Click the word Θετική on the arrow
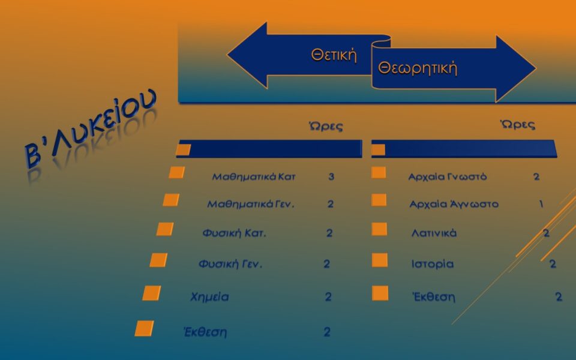334,55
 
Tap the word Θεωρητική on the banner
418,68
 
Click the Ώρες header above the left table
325,126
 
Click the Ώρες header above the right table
518,124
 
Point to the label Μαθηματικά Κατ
254,177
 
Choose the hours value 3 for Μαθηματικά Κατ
331,177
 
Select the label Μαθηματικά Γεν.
251,204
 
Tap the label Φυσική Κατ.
234,233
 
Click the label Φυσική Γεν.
230,264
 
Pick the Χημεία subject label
209,296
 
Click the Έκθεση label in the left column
205,332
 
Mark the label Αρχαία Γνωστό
447,177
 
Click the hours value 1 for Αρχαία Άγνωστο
541,204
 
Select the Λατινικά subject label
434,233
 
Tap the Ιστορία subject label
432,264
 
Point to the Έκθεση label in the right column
434,296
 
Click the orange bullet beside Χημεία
152,293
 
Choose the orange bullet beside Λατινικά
379,229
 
